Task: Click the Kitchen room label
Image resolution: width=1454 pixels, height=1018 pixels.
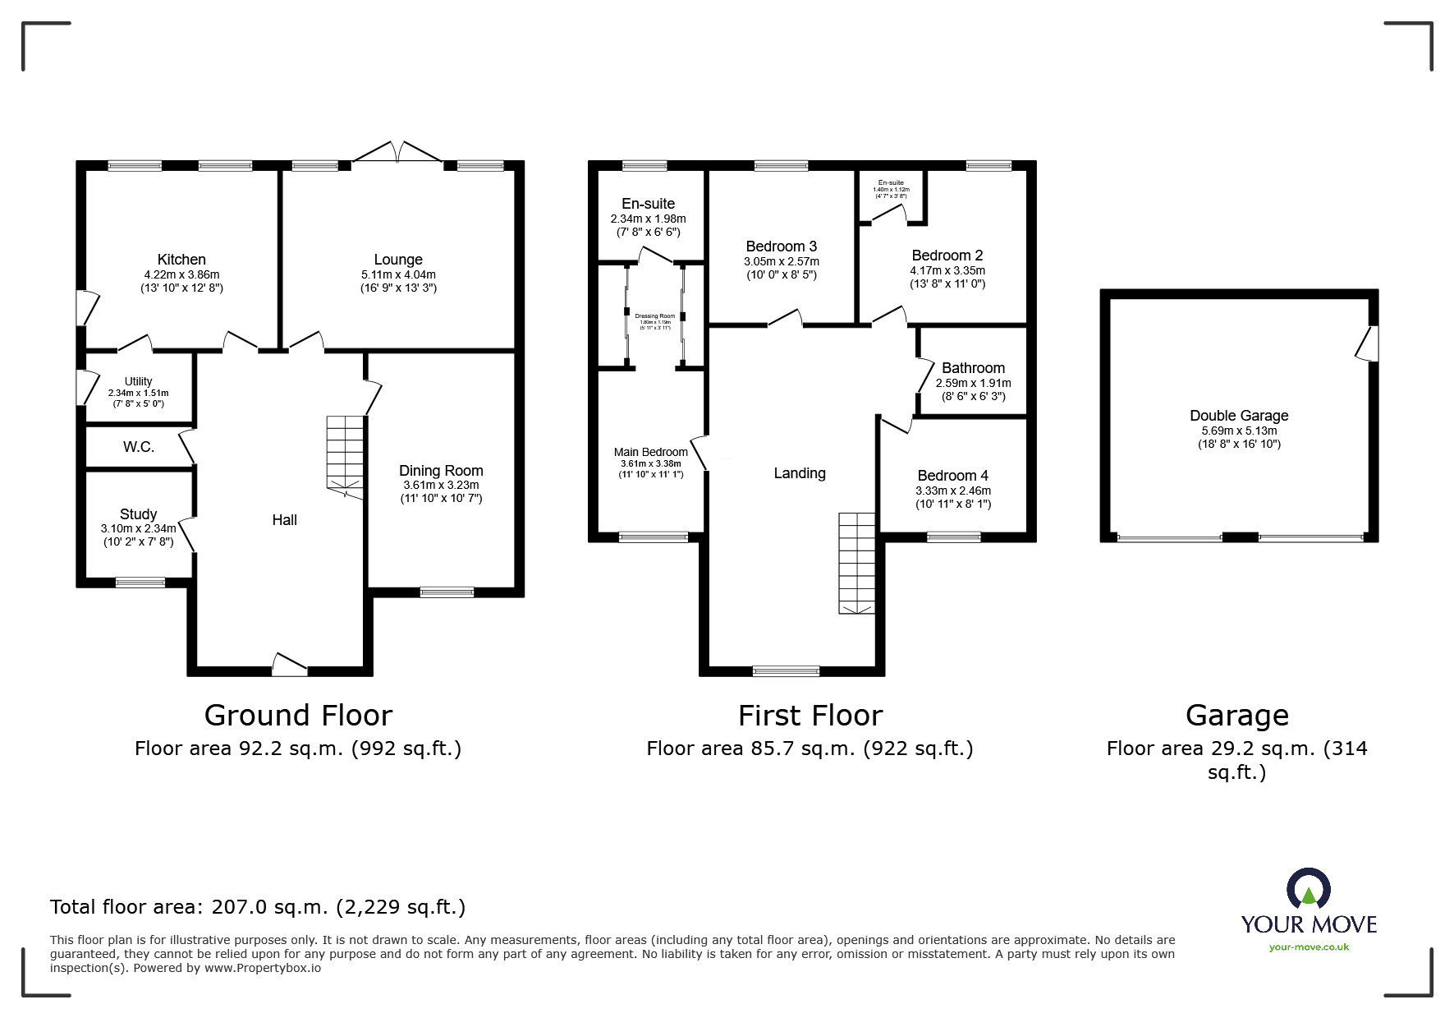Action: pos(181,260)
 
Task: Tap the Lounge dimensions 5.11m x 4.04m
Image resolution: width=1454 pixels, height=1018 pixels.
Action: pos(398,274)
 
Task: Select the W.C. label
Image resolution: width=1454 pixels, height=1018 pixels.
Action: pos(139,447)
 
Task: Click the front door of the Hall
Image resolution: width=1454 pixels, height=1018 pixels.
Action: pos(289,666)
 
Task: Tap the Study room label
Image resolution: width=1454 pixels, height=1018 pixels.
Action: pos(138,514)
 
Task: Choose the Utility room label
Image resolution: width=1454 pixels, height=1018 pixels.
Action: pos(138,381)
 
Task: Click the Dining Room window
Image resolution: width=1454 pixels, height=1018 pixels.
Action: pos(447,592)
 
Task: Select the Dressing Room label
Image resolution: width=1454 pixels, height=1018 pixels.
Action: pos(654,316)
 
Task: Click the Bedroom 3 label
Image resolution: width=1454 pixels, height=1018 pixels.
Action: pos(781,246)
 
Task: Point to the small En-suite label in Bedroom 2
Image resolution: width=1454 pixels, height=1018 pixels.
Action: pos(891,182)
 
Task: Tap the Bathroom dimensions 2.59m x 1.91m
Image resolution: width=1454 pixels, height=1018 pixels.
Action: pos(973,383)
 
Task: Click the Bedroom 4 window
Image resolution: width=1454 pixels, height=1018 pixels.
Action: pos(953,537)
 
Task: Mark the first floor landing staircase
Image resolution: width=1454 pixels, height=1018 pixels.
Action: pos(856,563)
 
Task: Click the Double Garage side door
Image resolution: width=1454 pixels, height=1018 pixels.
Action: pos(1369,343)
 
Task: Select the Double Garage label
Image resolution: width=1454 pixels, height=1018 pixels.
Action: pos(1239,416)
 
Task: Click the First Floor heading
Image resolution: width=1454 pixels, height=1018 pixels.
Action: pos(810,716)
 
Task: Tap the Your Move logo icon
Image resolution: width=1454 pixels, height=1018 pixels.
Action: pos(1308,889)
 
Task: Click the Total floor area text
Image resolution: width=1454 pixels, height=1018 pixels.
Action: pos(258,907)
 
